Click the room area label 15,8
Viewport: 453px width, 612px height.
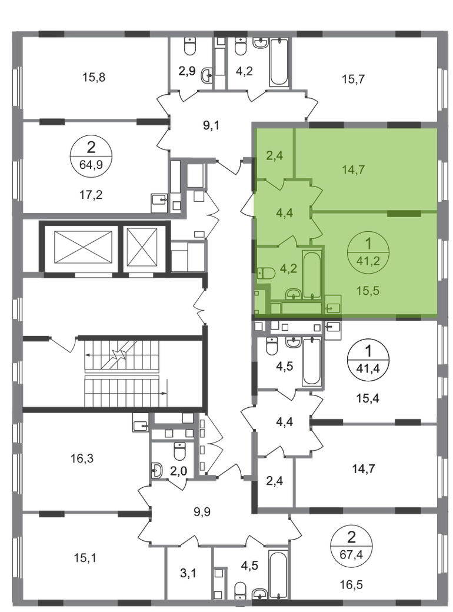pos(94,77)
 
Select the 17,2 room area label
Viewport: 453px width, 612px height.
pos(91,194)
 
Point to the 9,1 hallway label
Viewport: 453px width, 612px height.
pos(211,126)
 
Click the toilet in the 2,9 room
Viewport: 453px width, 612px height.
pos(190,46)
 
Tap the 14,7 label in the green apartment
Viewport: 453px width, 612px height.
pos(353,170)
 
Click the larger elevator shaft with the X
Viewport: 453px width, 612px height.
pos(83,247)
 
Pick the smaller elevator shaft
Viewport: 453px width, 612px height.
pos(142,247)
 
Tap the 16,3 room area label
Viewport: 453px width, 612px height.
pos(82,458)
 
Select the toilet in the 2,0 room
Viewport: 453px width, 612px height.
pos(179,451)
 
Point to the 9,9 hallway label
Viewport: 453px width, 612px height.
pos(202,511)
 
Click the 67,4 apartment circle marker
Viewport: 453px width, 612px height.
pos(351,546)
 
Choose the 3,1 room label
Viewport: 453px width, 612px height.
pos(188,573)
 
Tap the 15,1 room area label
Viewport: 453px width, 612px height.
pos(85,558)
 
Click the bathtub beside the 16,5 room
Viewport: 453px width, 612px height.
pos(278,574)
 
